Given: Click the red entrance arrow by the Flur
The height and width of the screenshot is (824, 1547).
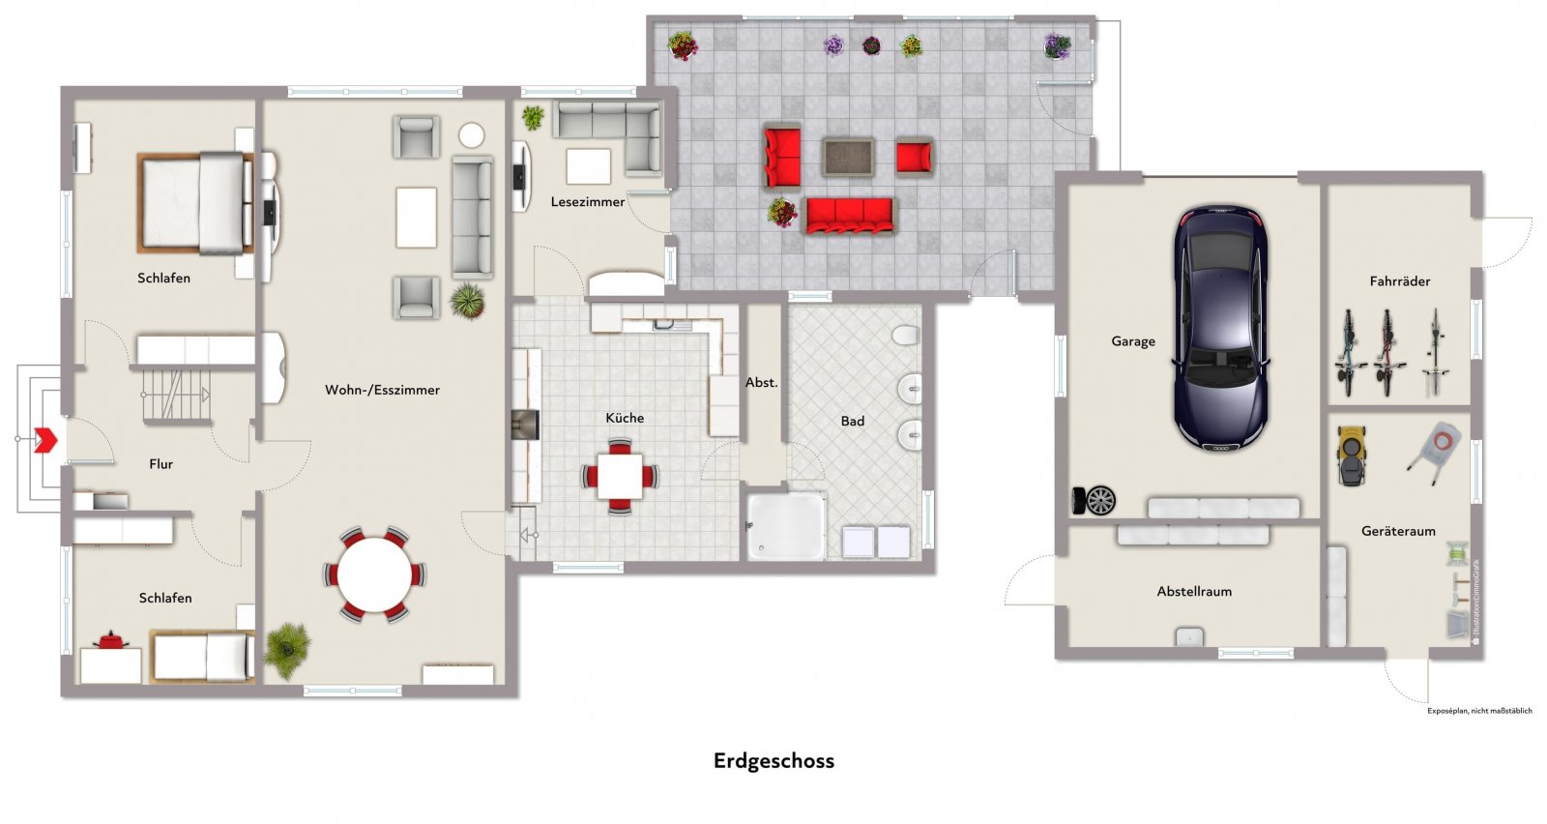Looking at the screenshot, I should [45, 440].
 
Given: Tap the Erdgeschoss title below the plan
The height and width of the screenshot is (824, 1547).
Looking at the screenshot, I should [773, 761].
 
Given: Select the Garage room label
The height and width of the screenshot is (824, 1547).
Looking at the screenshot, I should [1133, 341].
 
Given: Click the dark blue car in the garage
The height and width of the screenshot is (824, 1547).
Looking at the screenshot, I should [1220, 329].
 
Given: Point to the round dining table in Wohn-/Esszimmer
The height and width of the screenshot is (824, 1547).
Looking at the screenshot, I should [374, 574].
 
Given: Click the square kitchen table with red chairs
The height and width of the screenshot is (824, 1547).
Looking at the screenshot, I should [620, 476].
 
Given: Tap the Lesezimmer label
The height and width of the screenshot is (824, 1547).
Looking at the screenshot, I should [588, 202].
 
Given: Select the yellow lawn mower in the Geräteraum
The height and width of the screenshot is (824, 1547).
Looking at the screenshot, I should [1351, 455].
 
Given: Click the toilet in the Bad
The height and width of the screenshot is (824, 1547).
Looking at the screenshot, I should [905, 336].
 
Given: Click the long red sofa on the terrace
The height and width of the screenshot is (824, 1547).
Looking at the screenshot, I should [850, 215].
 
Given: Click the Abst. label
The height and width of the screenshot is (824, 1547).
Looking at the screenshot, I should [762, 383].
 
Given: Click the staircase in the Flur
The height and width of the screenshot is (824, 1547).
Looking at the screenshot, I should [176, 394].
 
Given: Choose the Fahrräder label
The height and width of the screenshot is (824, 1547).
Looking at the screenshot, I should [1399, 281].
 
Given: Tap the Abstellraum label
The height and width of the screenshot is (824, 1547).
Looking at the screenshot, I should [1194, 592].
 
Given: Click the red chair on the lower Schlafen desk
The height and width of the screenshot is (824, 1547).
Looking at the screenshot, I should [111, 640].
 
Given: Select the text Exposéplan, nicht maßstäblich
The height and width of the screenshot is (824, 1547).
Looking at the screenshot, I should [1479, 711].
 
